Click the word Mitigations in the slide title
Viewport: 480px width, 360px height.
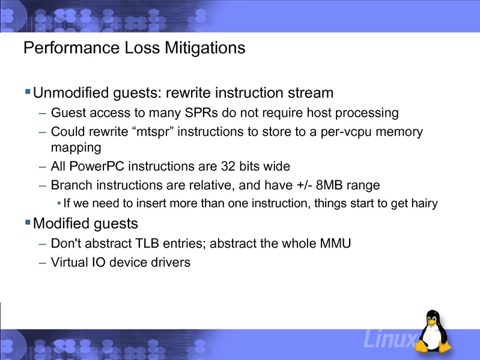point(205,48)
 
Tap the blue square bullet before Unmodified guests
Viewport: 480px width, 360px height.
point(27,92)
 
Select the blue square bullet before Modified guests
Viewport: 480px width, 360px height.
point(27,223)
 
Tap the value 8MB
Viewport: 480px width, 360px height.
point(325,185)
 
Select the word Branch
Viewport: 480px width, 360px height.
point(71,185)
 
